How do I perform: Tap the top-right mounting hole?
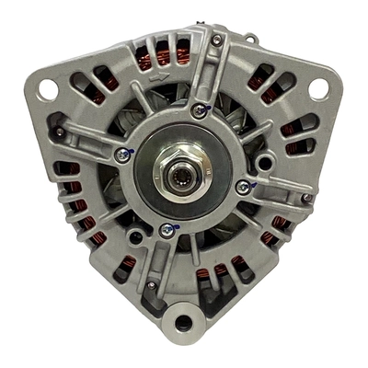click(318, 88)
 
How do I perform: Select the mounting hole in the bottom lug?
click(182, 323)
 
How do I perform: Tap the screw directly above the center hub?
click(200, 111)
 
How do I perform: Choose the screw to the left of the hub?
click(121, 155)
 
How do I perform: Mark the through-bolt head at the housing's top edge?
click(216, 40)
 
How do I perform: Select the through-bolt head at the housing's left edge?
click(59, 132)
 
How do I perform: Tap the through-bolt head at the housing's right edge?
click(306, 198)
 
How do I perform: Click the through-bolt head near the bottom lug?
click(151, 285)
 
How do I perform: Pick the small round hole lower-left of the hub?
click(135, 236)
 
